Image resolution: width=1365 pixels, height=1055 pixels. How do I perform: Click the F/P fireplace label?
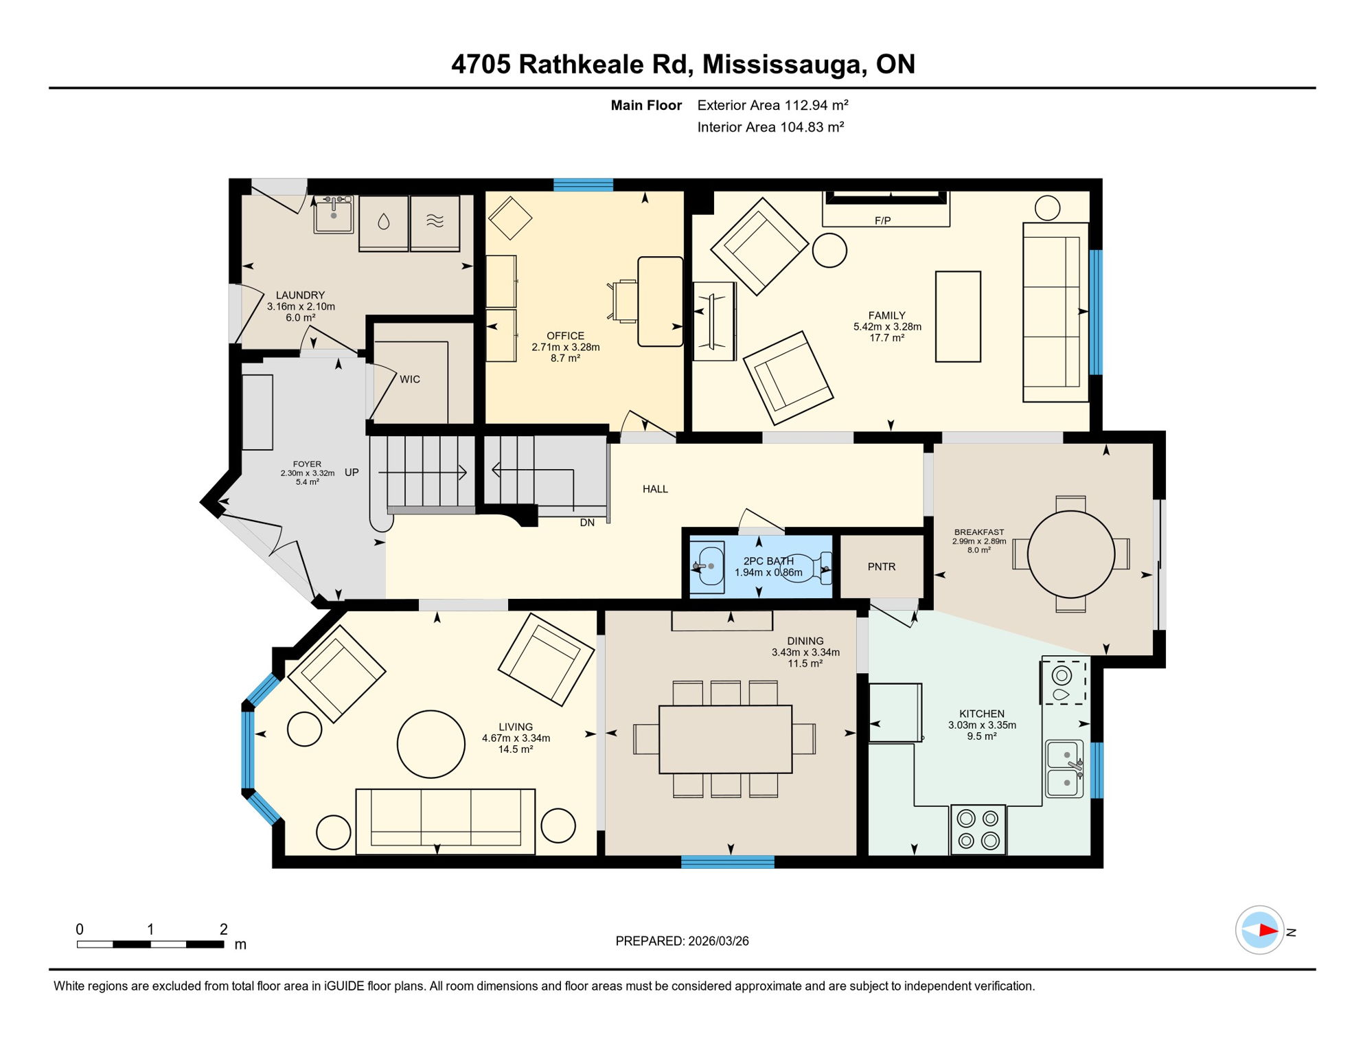click(882, 220)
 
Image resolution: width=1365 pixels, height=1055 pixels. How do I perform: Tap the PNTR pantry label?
click(882, 567)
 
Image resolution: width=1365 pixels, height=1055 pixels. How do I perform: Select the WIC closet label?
click(410, 379)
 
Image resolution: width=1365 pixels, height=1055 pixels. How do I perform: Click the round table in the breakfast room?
click(1070, 554)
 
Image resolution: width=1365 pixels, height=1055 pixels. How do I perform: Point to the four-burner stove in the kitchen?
click(978, 830)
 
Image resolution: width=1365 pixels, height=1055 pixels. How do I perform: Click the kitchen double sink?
click(1064, 769)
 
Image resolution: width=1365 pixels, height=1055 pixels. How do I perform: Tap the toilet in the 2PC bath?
click(803, 568)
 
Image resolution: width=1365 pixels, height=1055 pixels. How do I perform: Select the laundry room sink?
click(334, 215)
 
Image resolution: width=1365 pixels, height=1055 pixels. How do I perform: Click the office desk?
click(660, 302)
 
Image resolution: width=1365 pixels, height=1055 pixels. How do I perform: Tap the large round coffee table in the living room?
click(431, 744)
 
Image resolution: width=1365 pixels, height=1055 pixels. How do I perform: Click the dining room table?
click(725, 739)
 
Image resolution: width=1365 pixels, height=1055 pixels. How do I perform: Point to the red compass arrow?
click(1267, 931)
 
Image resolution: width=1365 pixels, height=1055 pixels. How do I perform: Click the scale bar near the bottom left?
click(150, 944)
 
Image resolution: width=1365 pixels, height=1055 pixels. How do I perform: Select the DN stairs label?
click(587, 523)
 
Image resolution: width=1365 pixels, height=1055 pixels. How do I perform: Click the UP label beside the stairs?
click(352, 473)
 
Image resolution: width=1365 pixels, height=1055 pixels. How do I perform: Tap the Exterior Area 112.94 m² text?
click(772, 105)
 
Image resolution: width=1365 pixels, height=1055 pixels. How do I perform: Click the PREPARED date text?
click(682, 941)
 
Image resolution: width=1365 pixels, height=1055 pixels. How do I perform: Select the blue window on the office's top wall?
click(583, 184)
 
